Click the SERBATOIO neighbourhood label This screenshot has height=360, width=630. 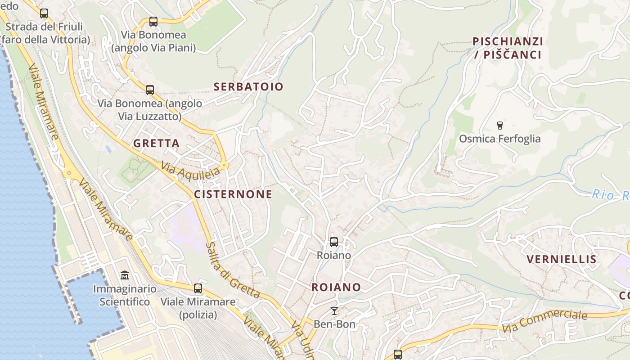click(x=248, y=86)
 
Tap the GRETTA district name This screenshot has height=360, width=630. click(x=156, y=144)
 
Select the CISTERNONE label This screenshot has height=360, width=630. click(x=233, y=194)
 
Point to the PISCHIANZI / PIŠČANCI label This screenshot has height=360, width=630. click(x=508, y=48)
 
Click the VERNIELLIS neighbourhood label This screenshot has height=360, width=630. click(x=562, y=259)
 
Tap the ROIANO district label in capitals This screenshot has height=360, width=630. click(x=336, y=287)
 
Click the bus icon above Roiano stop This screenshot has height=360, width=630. click(x=333, y=242)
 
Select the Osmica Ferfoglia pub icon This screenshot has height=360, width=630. click(x=499, y=125)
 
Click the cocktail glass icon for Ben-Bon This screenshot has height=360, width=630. click(x=334, y=311)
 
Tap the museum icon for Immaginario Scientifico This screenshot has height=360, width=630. click(x=125, y=275)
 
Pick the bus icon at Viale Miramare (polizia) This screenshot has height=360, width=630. click(x=198, y=288)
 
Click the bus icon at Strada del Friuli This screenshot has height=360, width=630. click(x=44, y=13)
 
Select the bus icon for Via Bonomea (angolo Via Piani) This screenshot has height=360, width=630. click(x=153, y=21)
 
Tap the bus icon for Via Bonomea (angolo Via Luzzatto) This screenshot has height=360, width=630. click(x=150, y=90)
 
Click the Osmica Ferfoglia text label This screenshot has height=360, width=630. click(x=499, y=139)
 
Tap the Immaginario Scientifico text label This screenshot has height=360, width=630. click(x=125, y=295)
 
